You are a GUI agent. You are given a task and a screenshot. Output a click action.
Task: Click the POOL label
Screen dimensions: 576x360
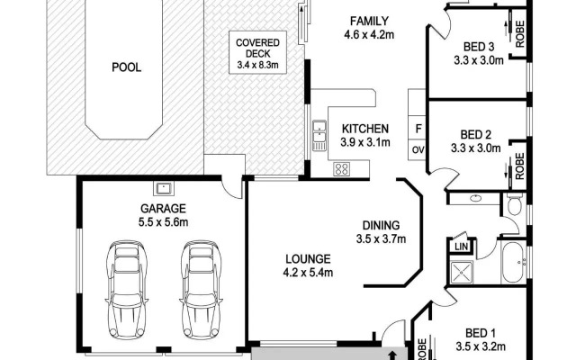126,67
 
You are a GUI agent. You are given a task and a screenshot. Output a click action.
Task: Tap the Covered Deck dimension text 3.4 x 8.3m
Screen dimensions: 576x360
257,66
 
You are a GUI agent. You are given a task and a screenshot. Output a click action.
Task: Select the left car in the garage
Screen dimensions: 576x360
127,290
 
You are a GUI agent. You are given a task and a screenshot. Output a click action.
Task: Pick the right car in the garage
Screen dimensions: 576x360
202,290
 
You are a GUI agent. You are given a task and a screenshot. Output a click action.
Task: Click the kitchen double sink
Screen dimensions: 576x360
319,135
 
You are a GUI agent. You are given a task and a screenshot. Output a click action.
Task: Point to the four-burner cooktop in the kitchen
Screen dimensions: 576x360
342,169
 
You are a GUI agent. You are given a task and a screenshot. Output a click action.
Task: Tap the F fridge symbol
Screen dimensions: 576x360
418,129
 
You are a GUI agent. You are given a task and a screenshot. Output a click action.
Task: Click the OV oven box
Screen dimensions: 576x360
418,150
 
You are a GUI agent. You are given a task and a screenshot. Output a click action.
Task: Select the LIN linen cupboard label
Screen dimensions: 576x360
461,246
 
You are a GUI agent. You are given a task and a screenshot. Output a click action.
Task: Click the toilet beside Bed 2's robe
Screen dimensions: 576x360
515,204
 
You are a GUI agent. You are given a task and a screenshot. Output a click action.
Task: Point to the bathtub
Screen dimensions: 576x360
515,262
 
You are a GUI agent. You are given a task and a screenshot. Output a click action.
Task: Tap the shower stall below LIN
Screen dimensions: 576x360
462,272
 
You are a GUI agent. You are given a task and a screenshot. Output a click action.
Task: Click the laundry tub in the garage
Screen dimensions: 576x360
164,189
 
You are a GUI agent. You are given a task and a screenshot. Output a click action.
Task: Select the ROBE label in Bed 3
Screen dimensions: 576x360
520,34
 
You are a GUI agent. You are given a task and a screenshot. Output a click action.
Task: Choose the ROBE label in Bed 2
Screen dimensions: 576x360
520,166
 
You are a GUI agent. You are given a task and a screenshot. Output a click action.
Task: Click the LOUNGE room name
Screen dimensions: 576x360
308,259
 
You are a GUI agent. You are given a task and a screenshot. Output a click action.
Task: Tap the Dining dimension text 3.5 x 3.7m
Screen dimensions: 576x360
381,239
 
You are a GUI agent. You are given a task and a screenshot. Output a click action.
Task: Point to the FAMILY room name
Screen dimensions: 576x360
369,21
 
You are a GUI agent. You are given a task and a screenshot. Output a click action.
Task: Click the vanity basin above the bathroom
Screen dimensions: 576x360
476,198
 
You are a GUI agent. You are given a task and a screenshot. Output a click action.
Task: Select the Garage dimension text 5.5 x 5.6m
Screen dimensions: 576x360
164,222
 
